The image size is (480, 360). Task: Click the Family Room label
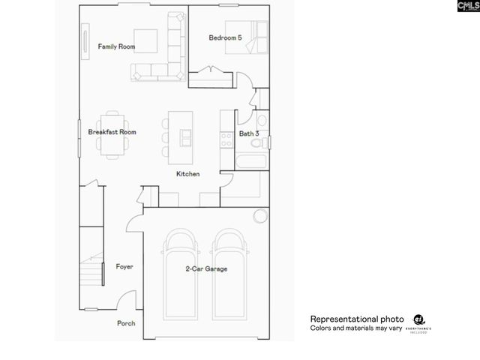116,46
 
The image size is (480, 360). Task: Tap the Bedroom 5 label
225,37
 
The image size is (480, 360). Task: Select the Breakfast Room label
112,132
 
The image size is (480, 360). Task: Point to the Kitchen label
187,174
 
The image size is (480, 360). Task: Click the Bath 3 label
249,133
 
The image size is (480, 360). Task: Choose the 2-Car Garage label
206,268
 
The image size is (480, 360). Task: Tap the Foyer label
124,267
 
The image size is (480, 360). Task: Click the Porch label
126,324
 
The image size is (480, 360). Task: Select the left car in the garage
180,274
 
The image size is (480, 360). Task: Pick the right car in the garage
231,274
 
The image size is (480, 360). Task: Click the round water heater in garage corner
260,217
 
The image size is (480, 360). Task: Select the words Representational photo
357,319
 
